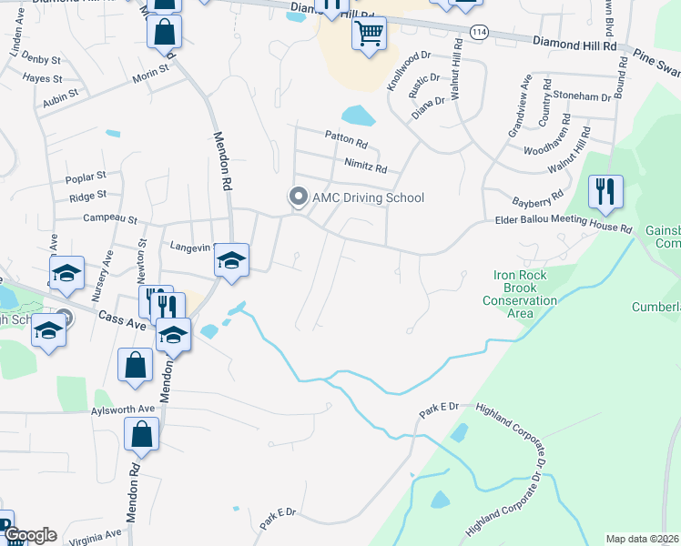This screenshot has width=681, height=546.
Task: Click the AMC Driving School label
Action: pos(368,197)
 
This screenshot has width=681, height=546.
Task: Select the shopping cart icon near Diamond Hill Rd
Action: pos(369,34)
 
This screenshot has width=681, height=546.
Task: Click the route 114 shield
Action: pos(478,32)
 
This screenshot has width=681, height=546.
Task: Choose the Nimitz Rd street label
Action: pos(366,168)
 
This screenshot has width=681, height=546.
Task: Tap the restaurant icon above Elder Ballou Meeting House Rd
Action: pos(605,192)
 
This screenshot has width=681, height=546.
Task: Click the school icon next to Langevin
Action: pos(231,261)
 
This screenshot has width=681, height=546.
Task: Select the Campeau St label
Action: pos(109,219)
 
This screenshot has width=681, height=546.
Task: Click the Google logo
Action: pos(29,535)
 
